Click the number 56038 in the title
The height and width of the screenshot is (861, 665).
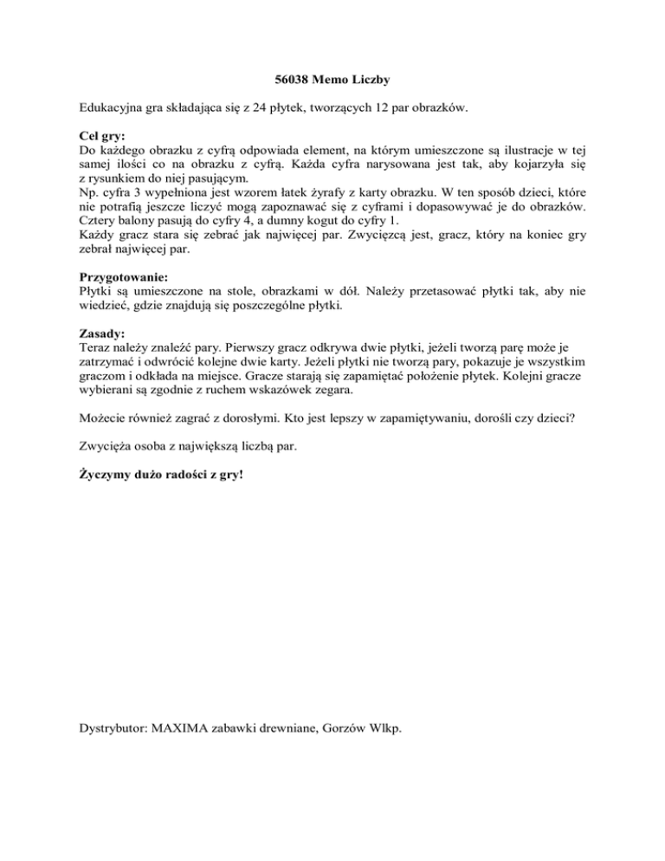coord(281,80)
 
